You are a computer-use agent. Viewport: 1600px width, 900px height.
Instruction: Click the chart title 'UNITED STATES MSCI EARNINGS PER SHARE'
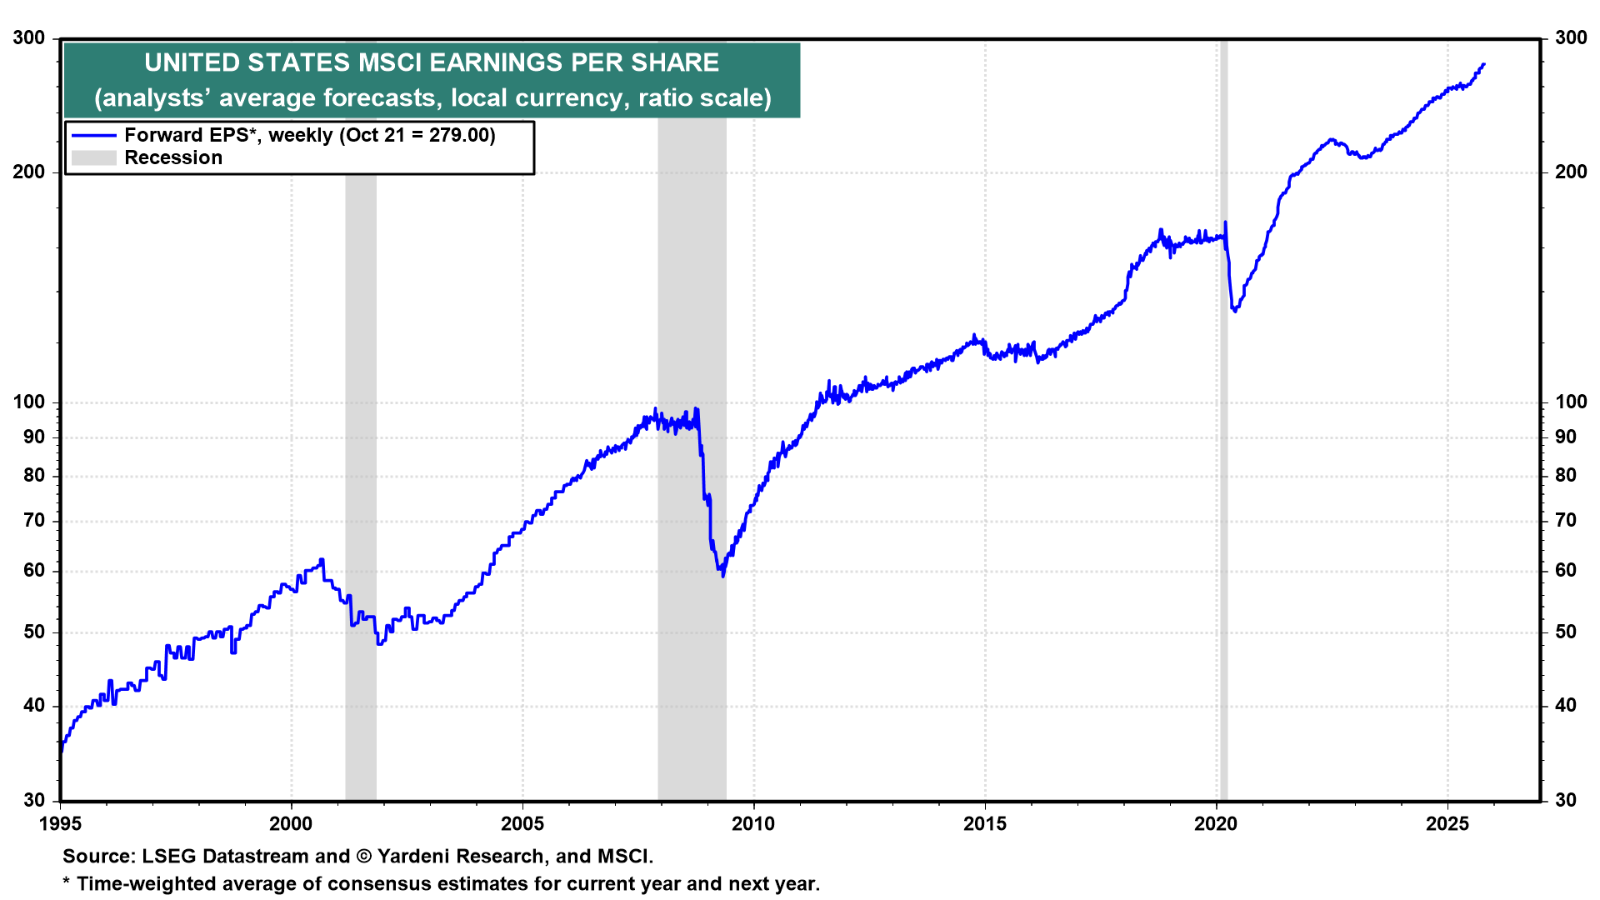click(432, 63)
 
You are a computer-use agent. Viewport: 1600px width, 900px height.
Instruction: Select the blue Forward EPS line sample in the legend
click(93, 135)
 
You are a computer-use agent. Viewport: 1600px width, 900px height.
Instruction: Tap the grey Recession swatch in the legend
click(93, 158)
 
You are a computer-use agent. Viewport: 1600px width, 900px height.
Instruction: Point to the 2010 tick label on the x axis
click(753, 824)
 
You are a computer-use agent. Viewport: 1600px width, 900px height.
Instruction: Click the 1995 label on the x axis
click(61, 824)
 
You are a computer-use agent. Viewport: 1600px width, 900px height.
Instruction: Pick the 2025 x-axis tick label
click(1447, 824)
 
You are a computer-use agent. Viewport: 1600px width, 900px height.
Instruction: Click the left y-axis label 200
click(29, 172)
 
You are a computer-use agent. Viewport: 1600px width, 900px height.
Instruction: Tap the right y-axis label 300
click(1571, 37)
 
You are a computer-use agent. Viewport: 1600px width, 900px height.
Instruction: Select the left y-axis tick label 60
click(34, 571)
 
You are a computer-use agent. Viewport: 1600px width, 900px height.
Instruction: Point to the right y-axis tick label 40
click(1566, 706)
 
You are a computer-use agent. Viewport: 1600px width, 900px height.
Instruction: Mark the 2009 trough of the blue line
click(723, 575)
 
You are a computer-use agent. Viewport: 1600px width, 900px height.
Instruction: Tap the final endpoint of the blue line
click(1483, 64)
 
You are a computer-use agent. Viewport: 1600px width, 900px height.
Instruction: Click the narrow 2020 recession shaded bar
click(1222, 500)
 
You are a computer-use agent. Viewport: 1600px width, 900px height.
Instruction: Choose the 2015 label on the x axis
click(985, 824)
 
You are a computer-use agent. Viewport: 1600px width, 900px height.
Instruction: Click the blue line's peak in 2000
click(322, 560)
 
